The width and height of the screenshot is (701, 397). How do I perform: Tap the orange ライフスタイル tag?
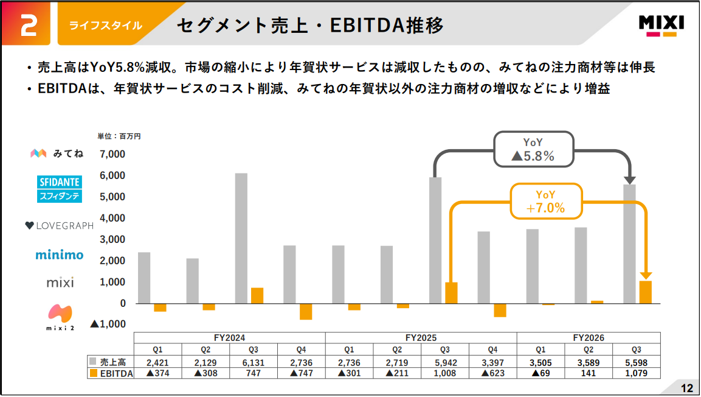pos(106,26)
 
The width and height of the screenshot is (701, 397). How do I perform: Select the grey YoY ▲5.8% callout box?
pos(533,149)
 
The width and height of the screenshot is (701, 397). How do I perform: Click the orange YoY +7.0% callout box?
pos(546,201)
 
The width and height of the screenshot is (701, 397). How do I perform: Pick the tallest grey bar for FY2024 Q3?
pos(241,238)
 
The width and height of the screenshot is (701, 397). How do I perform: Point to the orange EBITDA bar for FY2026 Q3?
pos(646,292)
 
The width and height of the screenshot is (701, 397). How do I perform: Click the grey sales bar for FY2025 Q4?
pos(484,267)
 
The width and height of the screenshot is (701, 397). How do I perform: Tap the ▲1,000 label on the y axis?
pos(108,325)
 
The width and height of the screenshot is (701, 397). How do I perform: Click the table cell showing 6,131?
pos(254,363)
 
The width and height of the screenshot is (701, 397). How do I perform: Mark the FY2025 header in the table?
pos(421,337)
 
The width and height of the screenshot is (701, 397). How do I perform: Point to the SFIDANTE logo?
pos(60,189)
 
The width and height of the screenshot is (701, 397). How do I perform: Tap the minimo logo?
pos(60,255)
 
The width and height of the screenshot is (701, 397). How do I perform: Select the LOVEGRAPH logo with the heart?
pos(60,226)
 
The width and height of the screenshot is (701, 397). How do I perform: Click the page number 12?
pos(686,388)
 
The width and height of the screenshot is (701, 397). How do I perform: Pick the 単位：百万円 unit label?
pos(119,136)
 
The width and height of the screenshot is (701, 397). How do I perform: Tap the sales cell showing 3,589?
pos(589,363)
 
